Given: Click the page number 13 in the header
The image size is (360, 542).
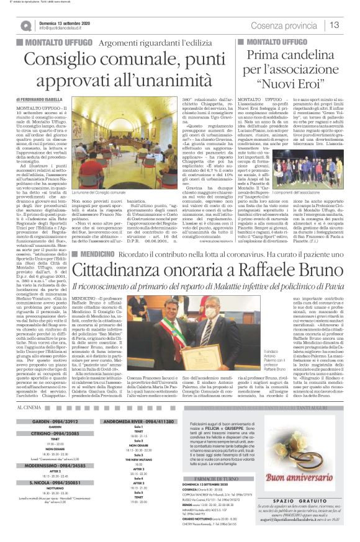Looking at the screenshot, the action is (334, 25).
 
